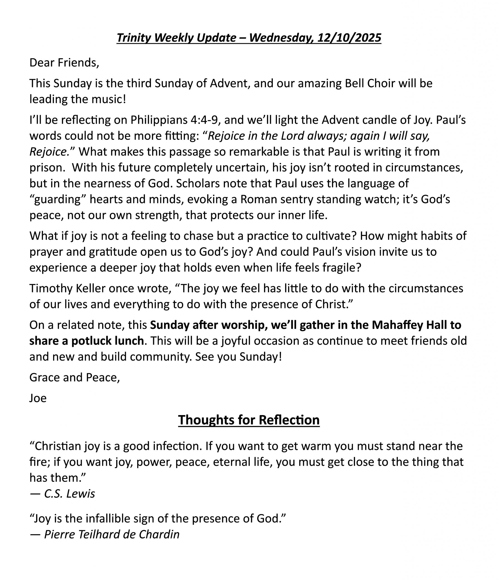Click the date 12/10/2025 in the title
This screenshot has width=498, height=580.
349,38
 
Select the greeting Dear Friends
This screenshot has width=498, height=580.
64,63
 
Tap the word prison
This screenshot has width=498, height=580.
46,168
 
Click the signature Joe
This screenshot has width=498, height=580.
38,398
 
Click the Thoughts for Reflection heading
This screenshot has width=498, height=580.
249,420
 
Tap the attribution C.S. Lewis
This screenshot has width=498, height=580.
69,493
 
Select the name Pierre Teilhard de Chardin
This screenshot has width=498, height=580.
112,534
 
